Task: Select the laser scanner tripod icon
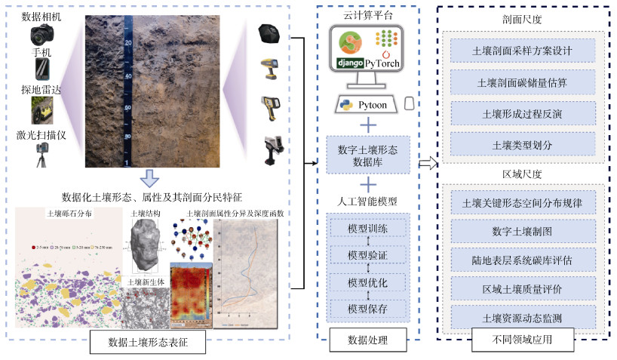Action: [41, 155]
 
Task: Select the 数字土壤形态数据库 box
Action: [369, 155]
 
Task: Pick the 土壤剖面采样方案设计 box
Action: [522, 52]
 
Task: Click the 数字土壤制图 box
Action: [522, 231]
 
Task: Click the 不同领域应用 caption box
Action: [522, 340]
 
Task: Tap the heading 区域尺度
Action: [522, 174]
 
